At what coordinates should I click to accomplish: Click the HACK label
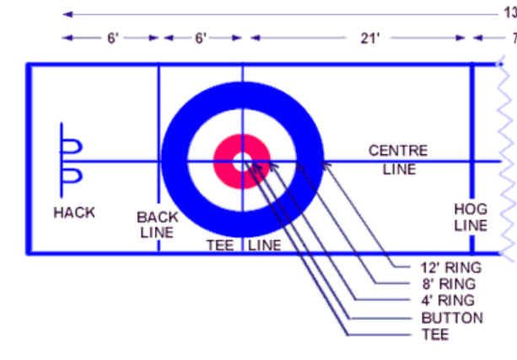pyautogui.click(x=74, y=212)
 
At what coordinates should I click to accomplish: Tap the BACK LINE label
pyautogui.click(x=158, y=224)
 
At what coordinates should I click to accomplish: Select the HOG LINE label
pyautogui.click(x=471, y=218)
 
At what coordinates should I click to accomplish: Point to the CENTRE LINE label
pyautogui.click(x=398, y=159)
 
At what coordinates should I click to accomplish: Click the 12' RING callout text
pyautogui.click(x=451, y=268)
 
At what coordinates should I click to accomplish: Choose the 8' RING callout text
pyautogui.click(x=448, y=284)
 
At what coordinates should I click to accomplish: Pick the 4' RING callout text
pyautogui.click(x=448, y=301)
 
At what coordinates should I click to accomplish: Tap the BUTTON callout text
pyautogui.click(x=452, y=318)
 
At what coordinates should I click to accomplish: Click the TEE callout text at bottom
pyautogui.click(x=435, y=335)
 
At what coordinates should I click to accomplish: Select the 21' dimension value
pyautogui.click(x=369, y=38)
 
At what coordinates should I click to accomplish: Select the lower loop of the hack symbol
pyautogui.click(x=73, y=175)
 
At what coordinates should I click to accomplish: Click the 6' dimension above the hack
pyautogui.click(x=112, y=38)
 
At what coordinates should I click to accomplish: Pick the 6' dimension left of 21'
pyautogui.click(x=201, y=38)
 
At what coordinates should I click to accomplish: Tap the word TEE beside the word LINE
pyautogui.click(x=221, y=245)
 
